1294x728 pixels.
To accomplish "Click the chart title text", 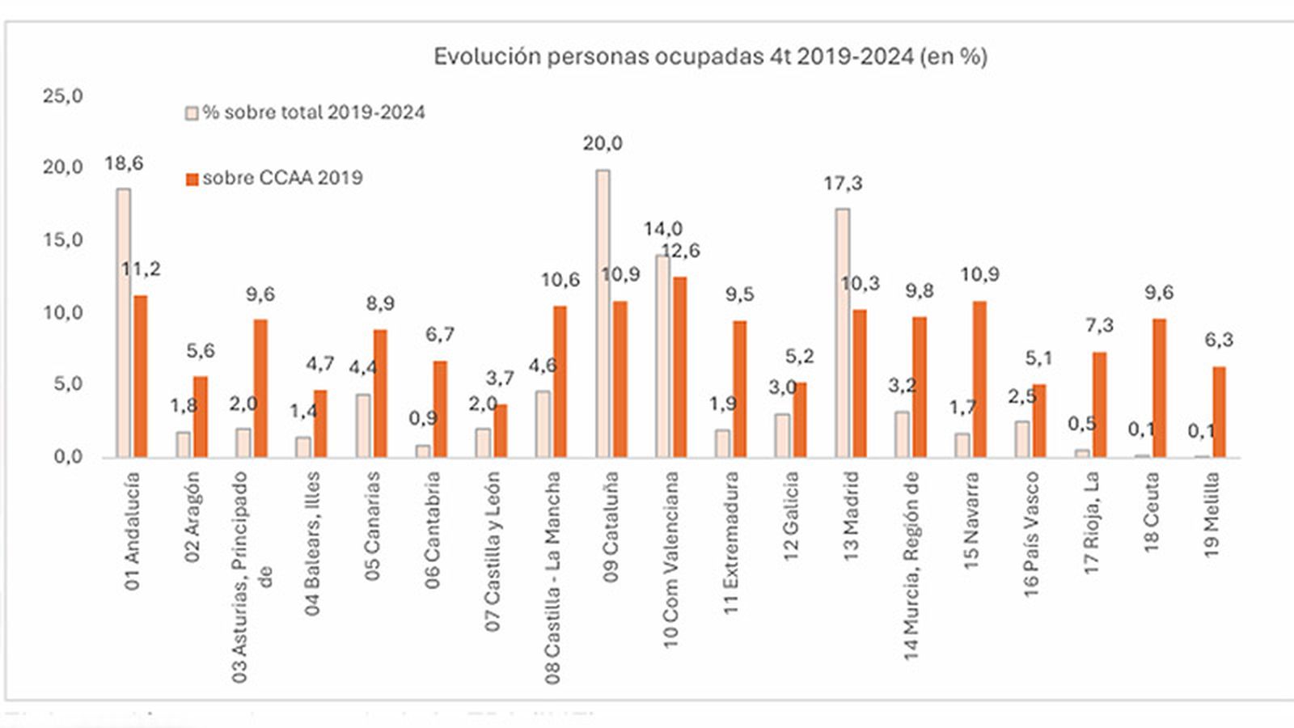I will pos(710,57).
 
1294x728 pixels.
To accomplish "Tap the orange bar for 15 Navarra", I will pos(979,379).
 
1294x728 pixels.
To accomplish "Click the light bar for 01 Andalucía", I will pos(123,323).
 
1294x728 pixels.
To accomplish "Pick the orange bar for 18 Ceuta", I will pos(1159,388).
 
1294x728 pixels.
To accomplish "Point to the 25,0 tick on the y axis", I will pos(63,96).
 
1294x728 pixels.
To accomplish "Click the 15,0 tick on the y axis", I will pos(63,240).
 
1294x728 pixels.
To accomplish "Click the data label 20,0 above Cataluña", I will pos(603,144).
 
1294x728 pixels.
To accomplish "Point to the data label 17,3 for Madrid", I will pos(843,184).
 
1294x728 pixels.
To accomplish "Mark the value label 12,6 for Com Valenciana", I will pos(680,251).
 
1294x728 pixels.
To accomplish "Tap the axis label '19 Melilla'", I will pos(1212,517).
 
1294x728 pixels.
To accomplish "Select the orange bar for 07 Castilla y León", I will pos(501,431).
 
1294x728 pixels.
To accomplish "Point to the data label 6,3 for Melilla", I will pos(1219,340).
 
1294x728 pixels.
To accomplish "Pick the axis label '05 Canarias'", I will pos(372,526).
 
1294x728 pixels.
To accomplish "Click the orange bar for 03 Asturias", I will pos(260,388).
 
